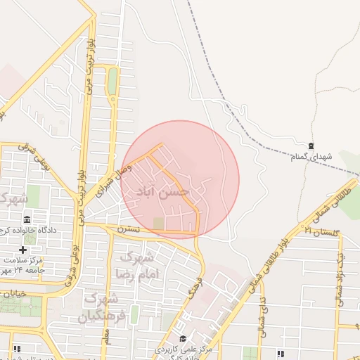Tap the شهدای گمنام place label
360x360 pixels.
pyautogui.click(x=310, y=155)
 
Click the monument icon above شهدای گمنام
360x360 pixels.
pyautogui.click(x=311, y=144)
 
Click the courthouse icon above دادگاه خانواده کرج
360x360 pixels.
pyautogui.click(x=27, y=220)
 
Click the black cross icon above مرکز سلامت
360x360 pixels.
pyautogui.click(x=23, y=250)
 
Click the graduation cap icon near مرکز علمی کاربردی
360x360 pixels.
pyautogui.click(x=184, y=339)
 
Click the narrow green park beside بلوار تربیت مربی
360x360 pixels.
pyautogui.click(x=112, y=82)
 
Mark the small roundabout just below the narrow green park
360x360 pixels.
pyautogui.click(x=112, y=101)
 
